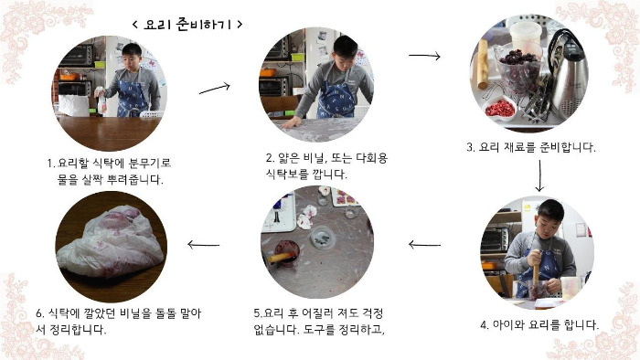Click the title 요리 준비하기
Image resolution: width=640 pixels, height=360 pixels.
coord(187,25)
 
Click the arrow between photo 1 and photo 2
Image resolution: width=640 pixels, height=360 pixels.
coord(215,89)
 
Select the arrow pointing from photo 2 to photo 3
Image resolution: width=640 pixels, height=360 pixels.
coord(424,56)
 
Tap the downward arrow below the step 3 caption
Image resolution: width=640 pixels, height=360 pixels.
coord(539,175)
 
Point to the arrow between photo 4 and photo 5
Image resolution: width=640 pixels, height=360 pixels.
coord(424,245)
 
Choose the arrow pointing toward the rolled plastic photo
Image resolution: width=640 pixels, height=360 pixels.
coord(203,245)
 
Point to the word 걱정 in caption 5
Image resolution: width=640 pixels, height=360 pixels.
coord(372,313)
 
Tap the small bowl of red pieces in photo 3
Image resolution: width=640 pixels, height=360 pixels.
coord(499,109)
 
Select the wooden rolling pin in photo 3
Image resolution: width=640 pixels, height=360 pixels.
coord(483,64)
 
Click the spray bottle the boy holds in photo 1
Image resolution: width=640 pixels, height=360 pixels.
coord(101,100)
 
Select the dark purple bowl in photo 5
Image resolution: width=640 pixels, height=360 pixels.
coord(286,253)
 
